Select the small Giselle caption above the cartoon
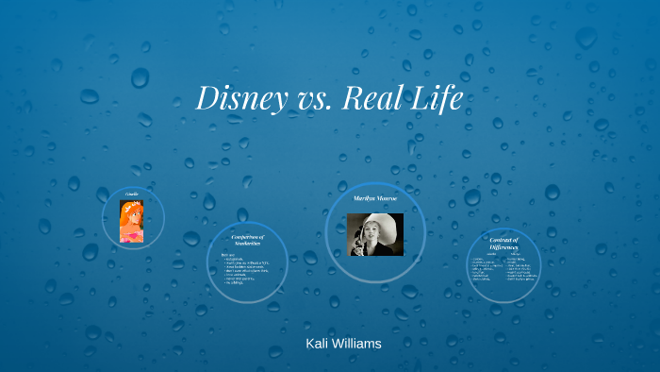click(132, 194)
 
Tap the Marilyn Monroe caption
click(375, 200)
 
